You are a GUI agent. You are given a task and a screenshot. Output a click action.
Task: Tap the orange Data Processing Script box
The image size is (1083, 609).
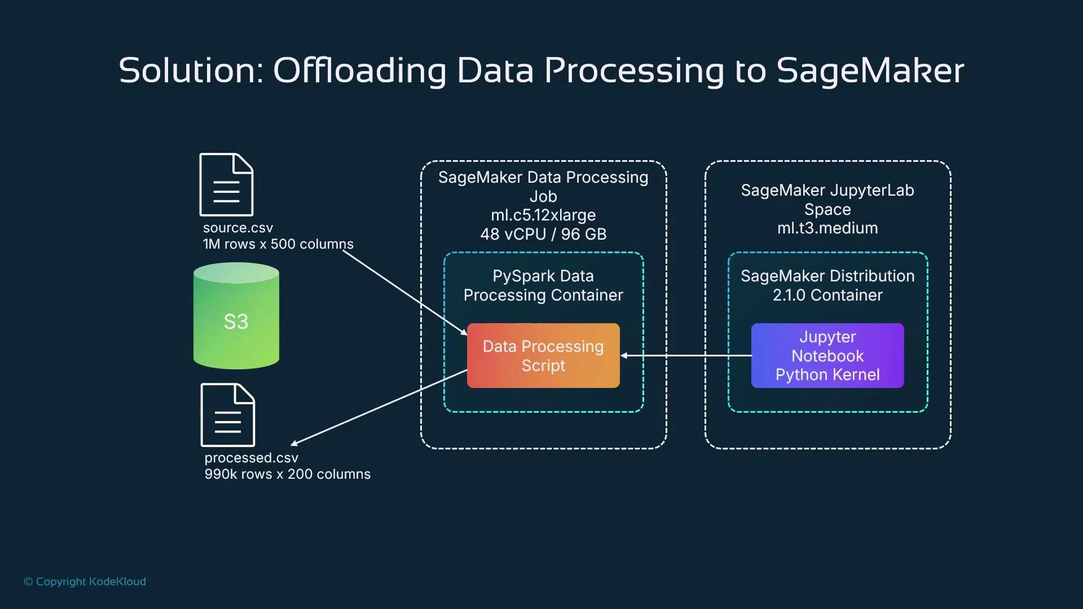pyautogui.click(x=543, y=355)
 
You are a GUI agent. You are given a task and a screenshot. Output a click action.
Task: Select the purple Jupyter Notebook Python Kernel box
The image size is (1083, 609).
pyautogui.click(x=827, y=355)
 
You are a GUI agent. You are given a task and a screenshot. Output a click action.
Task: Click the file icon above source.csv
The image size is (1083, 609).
pyautogui.click(x=226, y=184)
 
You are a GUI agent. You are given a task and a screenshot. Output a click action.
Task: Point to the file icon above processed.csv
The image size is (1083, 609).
pyautogui.click(x=228, y=415)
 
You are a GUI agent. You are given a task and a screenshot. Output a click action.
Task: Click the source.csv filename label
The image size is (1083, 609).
pyautogui.click(x=237, y=228)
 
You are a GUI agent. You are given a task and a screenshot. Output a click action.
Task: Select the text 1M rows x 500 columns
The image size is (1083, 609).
pyautogui.click(x=278, y=244)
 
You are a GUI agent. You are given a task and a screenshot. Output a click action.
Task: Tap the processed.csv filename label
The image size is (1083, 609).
pyautogui.click(x=251, y=458)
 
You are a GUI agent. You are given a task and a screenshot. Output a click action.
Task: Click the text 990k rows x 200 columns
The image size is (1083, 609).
pyautogui.click(x=287, y=474)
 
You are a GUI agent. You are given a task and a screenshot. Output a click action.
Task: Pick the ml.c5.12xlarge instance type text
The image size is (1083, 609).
pyautogui.click(x=543, y=215)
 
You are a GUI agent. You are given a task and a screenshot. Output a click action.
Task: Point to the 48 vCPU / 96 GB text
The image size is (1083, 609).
pyautogui.click(x=543, y=234)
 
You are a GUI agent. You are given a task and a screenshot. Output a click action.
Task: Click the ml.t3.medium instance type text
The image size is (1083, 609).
pyautogui.click(x=827, y=228)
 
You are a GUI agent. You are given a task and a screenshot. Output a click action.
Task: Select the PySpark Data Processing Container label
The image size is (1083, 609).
pyautogui.click(x=543, y=285)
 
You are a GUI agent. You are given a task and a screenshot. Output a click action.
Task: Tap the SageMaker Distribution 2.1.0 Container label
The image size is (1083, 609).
pyautogui.click(x=827, y=285)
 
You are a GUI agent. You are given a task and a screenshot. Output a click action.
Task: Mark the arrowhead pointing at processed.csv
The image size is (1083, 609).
pyautogui.click(x=294, y=444)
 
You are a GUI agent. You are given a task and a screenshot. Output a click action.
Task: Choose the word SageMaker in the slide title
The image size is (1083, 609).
pyautogui.click(x=870, y=71)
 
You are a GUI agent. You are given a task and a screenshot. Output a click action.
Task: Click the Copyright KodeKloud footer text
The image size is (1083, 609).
pyautogui.click(x=85, y=581)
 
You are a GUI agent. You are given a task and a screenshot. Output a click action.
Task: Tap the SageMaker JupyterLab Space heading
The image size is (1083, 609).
pyautogui.click(x=827, y=200)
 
